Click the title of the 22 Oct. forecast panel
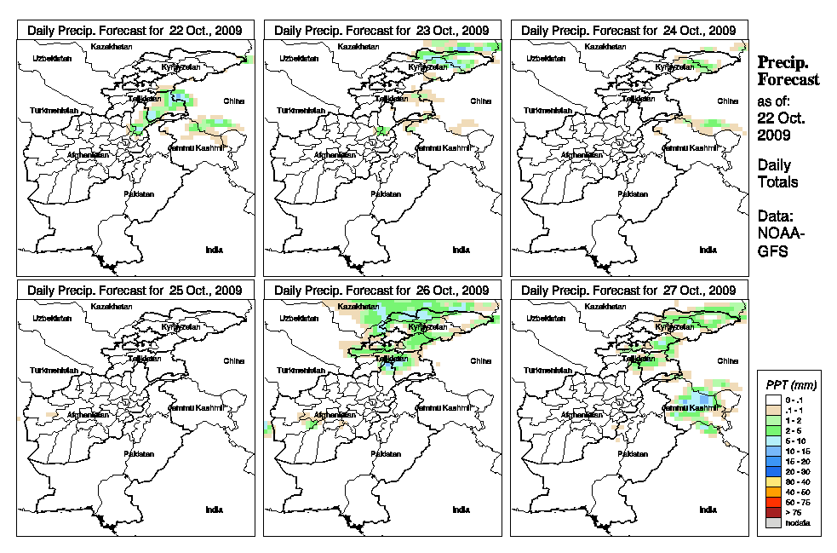click(135, 30)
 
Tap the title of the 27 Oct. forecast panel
click(628, 291)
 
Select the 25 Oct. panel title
click(135, 291)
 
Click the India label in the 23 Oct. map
click(461, 250)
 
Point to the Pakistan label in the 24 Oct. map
click(633, 193)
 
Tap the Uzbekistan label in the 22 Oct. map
click(50, 59)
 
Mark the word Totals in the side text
click(777, 181)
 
